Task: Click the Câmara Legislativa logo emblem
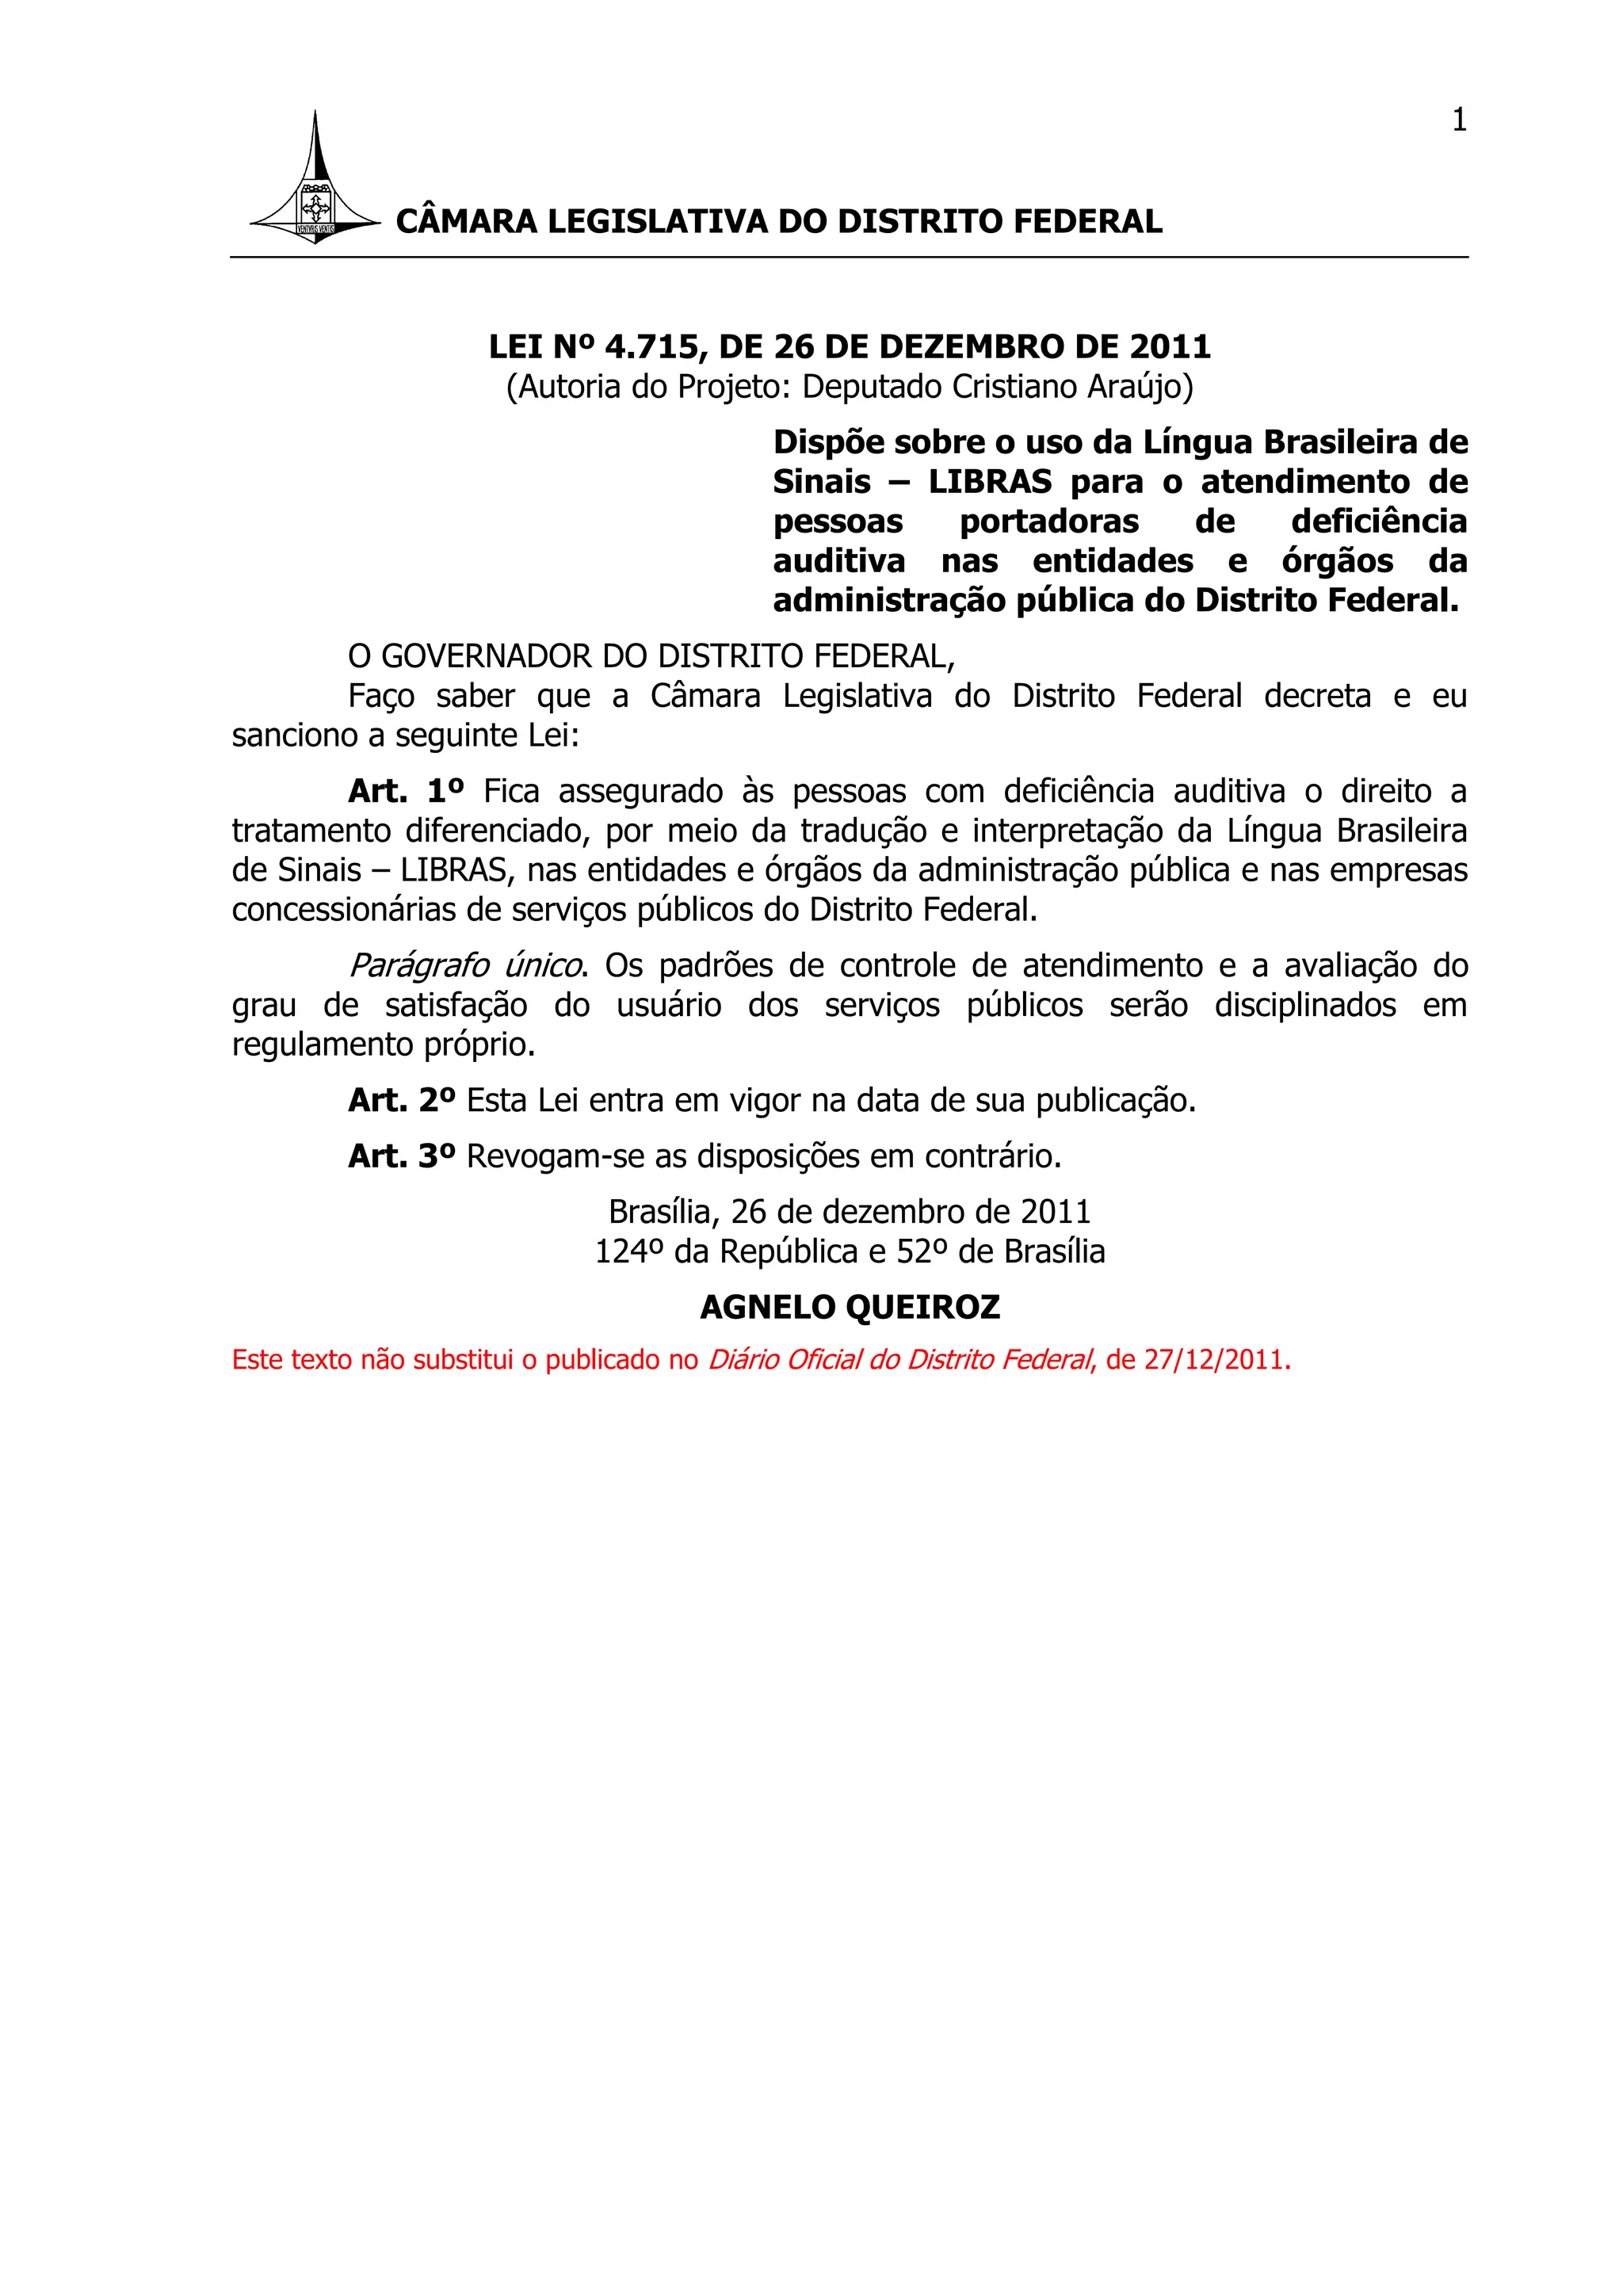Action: pos(315,190)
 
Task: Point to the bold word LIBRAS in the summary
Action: pos(990,482)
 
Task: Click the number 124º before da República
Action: pos(630,1252)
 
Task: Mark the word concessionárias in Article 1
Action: pos(358,910)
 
